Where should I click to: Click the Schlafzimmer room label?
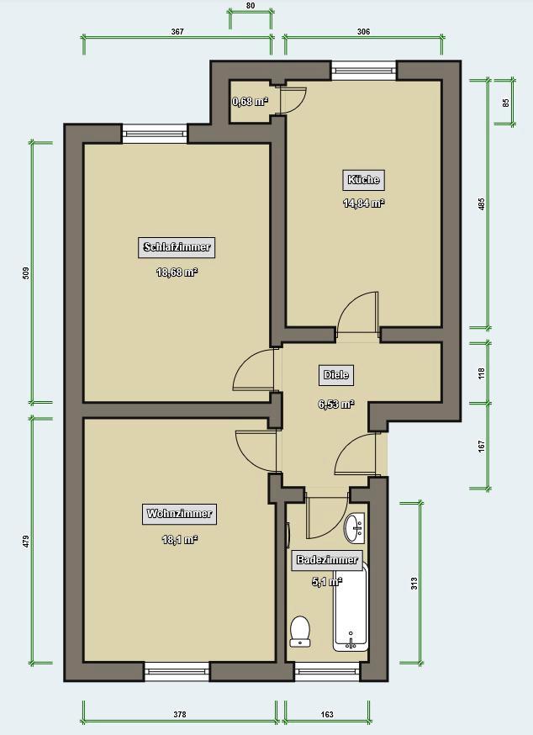[x=177, y=247]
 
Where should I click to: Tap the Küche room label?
[x=363, y=179]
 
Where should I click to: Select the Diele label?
[x=336, y=375]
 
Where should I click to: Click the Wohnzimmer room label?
[x=179, y=514]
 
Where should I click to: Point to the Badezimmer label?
[x=327, y=560]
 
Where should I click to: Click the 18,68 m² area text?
[x=177, y=272]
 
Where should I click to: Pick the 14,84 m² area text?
[x=363, y=203]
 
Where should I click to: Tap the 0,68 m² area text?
[x=250, y=102]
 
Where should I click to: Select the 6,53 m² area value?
[x=335, y=404]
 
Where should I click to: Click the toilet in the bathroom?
[x=300, y=631]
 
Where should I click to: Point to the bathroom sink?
[x=354, y=528]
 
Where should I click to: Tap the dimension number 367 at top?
[x=177, y=31]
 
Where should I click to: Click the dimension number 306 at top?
[x=363, y=31]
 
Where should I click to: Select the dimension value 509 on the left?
[x=26, y=272]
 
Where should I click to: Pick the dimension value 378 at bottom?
[x=179, y=714]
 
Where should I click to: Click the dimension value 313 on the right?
[x=414, y=584]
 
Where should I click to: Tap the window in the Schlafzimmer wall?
[x=155, y=131]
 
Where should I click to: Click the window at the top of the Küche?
[x=363, y=70]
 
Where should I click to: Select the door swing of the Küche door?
[x=357, y=314]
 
